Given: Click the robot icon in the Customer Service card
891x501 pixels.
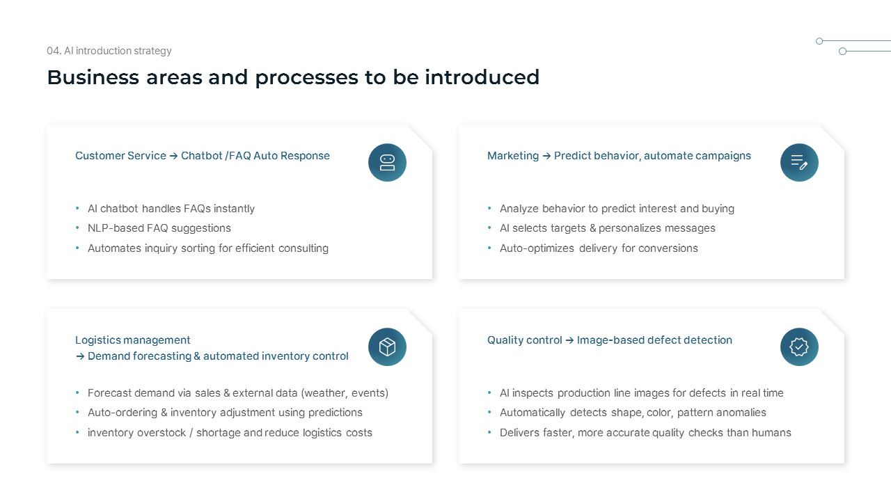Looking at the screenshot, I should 387,163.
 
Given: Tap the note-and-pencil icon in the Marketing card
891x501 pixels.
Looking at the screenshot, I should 799,163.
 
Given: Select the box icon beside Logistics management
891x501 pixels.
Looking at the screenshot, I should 387,347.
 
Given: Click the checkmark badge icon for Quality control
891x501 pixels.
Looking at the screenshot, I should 799,347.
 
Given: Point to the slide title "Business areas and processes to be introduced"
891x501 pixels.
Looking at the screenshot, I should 293,77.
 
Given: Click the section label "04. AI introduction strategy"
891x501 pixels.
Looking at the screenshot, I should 109,51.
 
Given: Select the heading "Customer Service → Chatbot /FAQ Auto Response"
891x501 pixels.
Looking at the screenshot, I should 203,156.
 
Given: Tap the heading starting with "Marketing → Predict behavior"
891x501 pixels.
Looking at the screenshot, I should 619,156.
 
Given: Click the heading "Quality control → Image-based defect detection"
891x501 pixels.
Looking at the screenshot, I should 610,340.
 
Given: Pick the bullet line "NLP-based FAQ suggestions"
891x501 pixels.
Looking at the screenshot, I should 159,228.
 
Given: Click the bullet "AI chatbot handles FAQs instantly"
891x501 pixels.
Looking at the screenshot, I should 171,209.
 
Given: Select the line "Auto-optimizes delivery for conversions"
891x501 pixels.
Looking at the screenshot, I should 599,248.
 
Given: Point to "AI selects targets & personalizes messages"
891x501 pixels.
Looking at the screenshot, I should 608,228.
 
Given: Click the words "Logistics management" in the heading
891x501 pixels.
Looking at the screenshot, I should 133,340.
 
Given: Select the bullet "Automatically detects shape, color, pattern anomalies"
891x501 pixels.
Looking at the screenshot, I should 633,413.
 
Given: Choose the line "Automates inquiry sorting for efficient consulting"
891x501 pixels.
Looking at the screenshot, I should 208,248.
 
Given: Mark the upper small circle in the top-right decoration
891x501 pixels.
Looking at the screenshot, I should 819,41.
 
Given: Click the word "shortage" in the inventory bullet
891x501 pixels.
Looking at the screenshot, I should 219,433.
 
